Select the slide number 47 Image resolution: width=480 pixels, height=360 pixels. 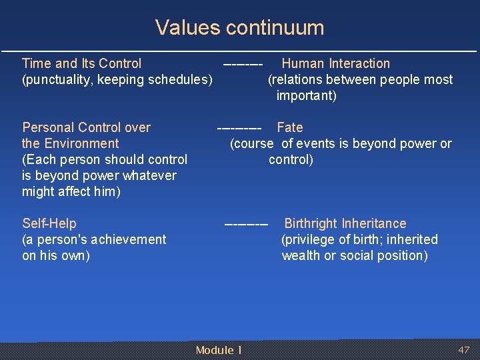463,350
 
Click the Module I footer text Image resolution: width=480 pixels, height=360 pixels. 219,350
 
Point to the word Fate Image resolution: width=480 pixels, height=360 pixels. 289,127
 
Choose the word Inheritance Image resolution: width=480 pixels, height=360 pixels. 377,223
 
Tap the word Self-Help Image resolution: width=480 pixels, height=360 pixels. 49,223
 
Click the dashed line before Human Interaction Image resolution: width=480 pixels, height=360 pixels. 243,64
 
